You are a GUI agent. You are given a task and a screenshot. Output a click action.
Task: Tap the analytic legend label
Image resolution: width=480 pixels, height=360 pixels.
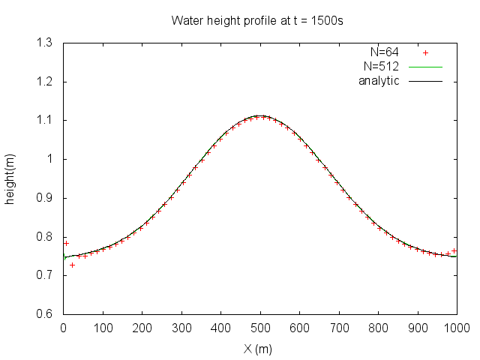tap(379, 81)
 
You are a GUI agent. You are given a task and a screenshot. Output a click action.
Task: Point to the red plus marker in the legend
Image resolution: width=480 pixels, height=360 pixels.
tap(426, 52)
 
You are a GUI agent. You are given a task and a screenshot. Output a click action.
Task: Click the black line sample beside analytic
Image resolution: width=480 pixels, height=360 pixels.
tap(426, 81)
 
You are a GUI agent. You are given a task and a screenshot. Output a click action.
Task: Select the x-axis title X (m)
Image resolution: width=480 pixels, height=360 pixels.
tap(259, 349)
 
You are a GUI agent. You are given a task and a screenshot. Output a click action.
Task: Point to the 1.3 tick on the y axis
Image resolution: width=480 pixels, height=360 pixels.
tap(46, 43)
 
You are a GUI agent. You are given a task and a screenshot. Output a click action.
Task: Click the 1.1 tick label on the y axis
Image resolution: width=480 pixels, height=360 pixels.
tap(46, 121)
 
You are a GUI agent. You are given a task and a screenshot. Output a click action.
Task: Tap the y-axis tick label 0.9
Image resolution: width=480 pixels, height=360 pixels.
tap(46, 198)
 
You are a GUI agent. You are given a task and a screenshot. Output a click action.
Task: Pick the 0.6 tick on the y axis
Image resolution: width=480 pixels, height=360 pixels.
tap(46, 314)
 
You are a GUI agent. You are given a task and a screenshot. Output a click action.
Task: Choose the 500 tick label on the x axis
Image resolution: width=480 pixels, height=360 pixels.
tap(260, 328)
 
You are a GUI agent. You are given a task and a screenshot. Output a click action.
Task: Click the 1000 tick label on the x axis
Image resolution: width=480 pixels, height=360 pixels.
tap(455, 328)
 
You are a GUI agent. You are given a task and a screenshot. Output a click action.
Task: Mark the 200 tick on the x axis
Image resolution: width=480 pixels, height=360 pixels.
tap(142, 328)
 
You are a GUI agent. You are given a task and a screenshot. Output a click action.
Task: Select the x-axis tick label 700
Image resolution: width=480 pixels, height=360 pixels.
tap(339, 328)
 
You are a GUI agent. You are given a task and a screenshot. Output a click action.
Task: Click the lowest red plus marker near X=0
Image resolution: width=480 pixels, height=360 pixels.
tap(72, 265)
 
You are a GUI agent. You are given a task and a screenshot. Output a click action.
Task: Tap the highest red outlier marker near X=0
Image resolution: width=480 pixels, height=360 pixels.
tap(66, 243)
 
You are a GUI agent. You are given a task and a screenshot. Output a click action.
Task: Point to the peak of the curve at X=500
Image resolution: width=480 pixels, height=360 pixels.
tap(260, 115)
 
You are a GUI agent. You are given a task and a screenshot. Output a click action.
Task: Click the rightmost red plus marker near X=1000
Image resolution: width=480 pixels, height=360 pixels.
tap(454, 250)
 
